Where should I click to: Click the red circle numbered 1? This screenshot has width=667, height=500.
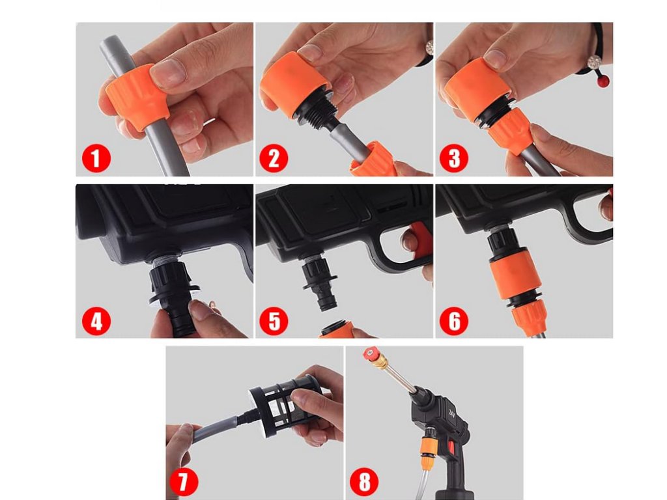tap(96, 159)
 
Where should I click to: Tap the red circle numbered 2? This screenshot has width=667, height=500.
tap(274, 158)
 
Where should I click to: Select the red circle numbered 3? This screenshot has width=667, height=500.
tap(454, 158)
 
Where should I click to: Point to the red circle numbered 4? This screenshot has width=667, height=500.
tap(96, 321)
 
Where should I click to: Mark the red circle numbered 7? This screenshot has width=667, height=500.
tap(184, 482)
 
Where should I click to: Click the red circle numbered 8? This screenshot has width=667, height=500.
tap(364, 482)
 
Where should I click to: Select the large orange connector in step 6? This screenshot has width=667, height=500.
tap(516, 278)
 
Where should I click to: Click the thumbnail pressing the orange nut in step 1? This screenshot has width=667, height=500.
tap(169, 72)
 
